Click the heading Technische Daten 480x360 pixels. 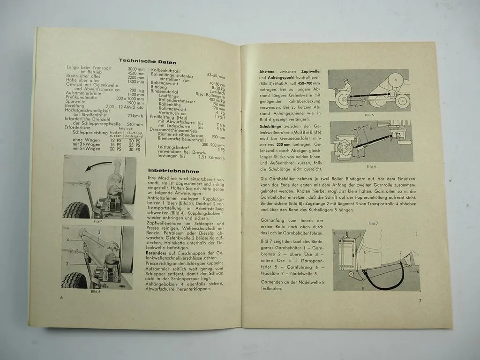pos(147,61)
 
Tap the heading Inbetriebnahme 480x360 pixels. pos(167,171)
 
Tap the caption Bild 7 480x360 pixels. pos(373,224)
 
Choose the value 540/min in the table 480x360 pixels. pos(135,124)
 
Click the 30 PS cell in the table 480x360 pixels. pos(134,149)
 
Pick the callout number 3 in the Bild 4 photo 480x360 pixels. pos(99,232)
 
